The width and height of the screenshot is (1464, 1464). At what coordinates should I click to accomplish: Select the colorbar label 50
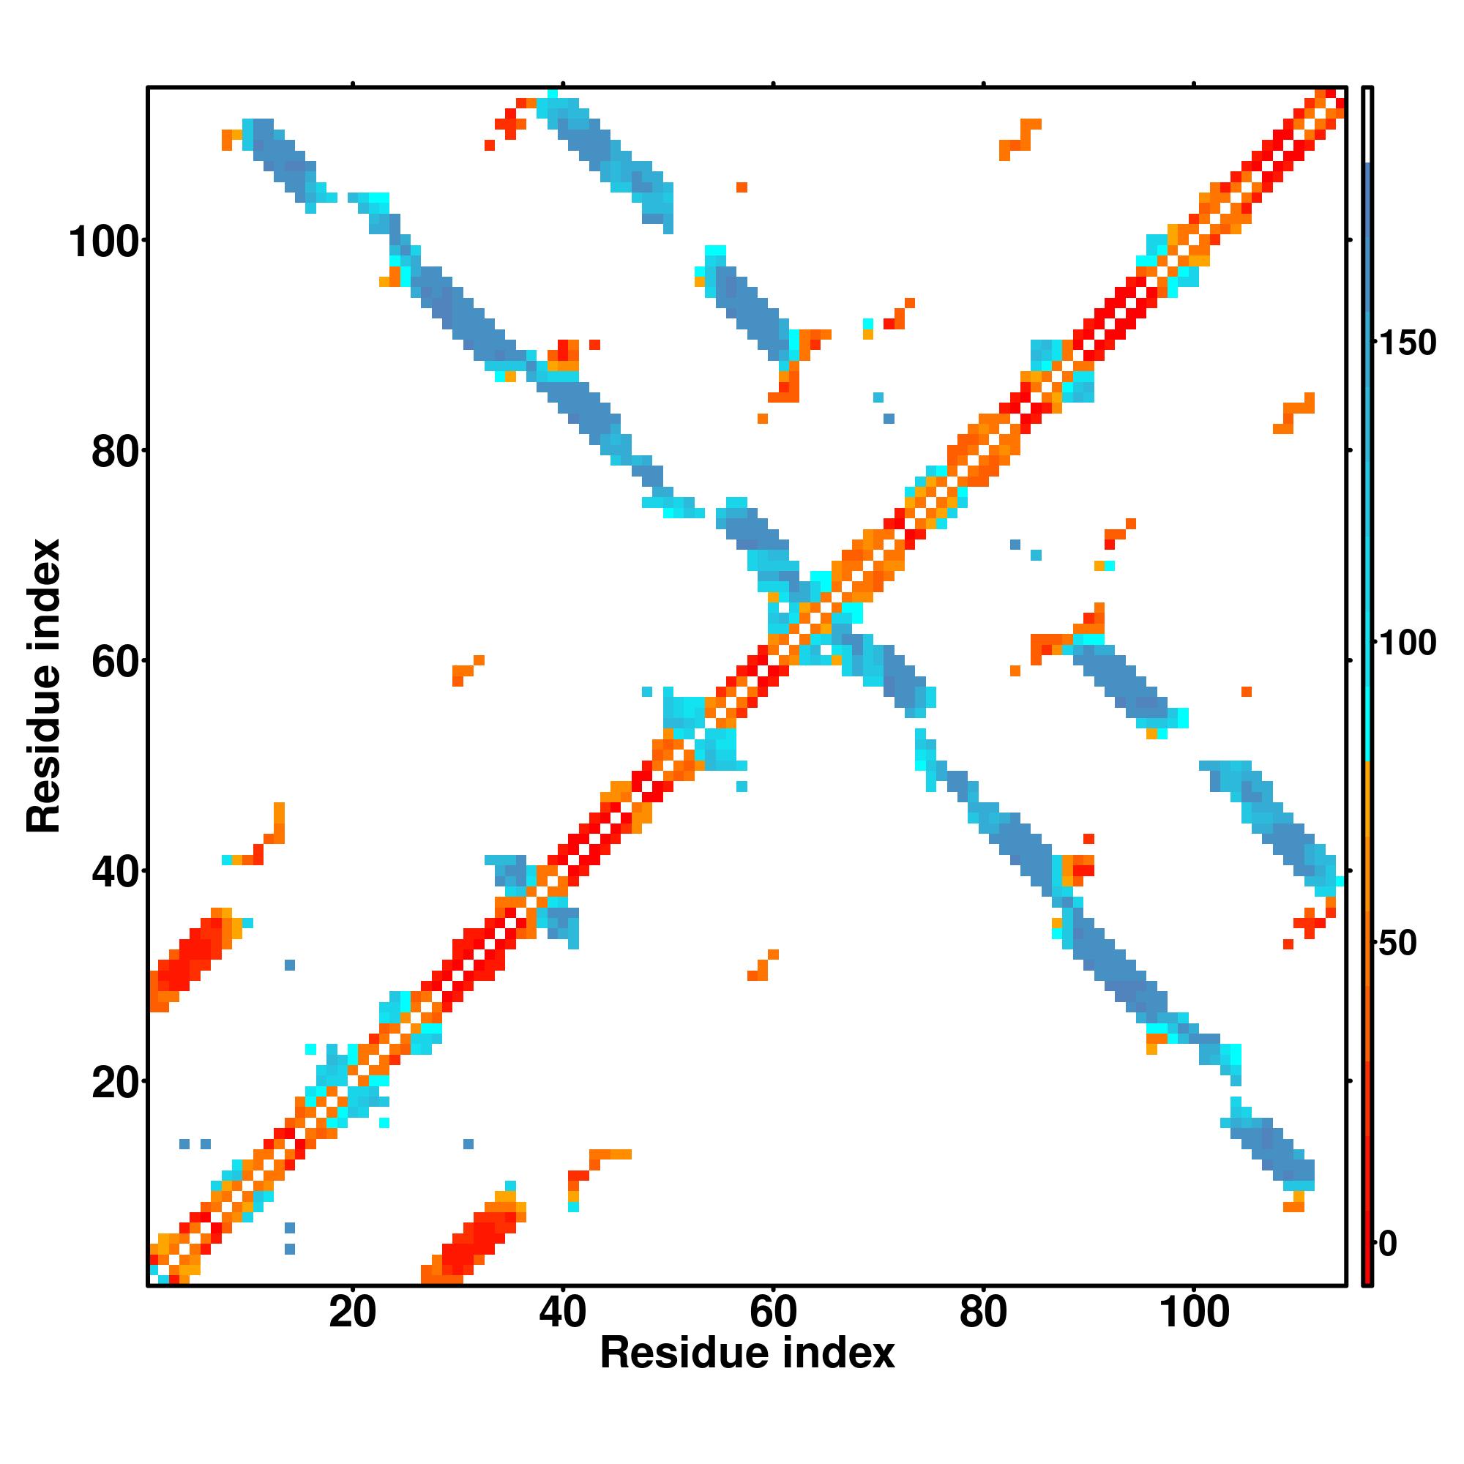click(1397, 944)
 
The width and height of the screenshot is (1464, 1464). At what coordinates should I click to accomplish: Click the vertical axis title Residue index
click(44, 685)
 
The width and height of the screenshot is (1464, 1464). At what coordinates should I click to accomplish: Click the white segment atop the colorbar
click(1368, 125)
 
